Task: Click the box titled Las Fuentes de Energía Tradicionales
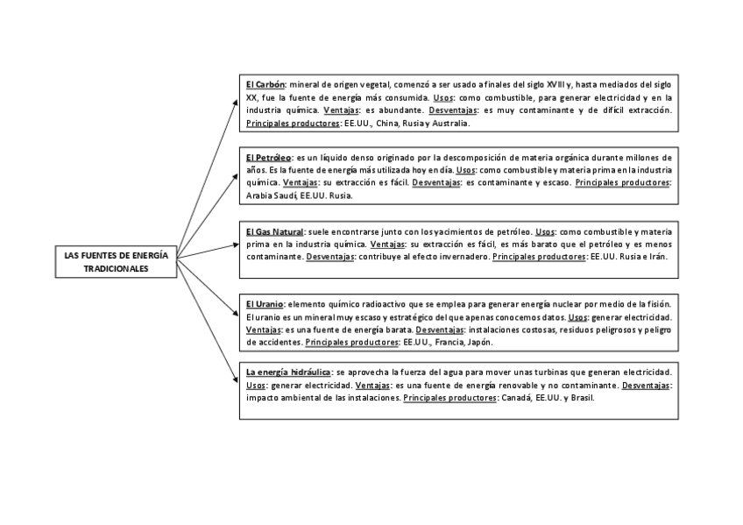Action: click(117, 262)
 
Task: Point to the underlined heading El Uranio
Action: click(265, 302)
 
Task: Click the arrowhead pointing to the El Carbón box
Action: click(235, 101)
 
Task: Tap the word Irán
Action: click(655, 257)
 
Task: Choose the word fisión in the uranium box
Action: click(659, 302)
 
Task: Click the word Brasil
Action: click(582, 398)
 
